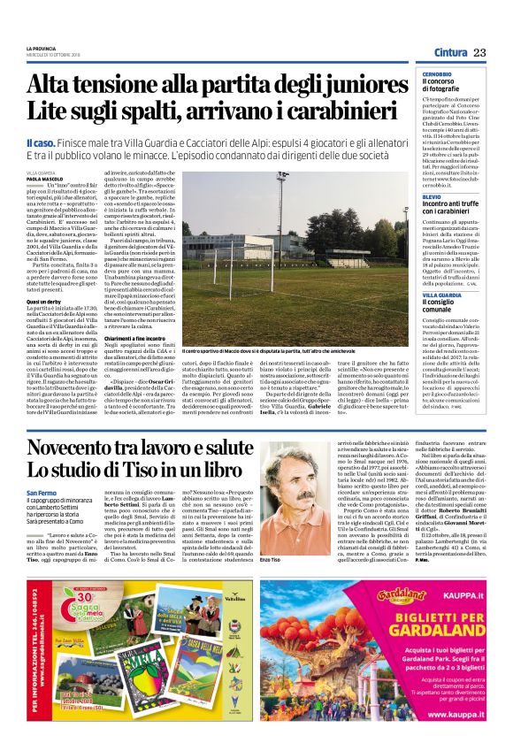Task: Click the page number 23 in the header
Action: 479,54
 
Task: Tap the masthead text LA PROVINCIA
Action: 41,48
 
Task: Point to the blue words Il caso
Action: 43,142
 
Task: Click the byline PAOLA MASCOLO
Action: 44,177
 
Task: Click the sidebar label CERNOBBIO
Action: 434,73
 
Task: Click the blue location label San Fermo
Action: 42,517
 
